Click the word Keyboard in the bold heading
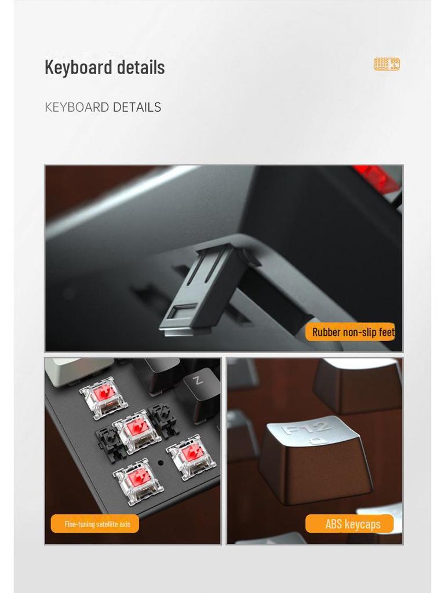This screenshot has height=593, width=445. point(79,67)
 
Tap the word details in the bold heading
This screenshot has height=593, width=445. point(140,67)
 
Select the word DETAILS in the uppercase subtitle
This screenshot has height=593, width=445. point(137,107)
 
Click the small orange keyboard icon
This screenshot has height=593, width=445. point(386,64)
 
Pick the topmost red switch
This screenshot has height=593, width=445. point(104,396)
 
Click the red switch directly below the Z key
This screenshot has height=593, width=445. point(191,455)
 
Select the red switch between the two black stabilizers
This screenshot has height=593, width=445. point(137,430)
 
